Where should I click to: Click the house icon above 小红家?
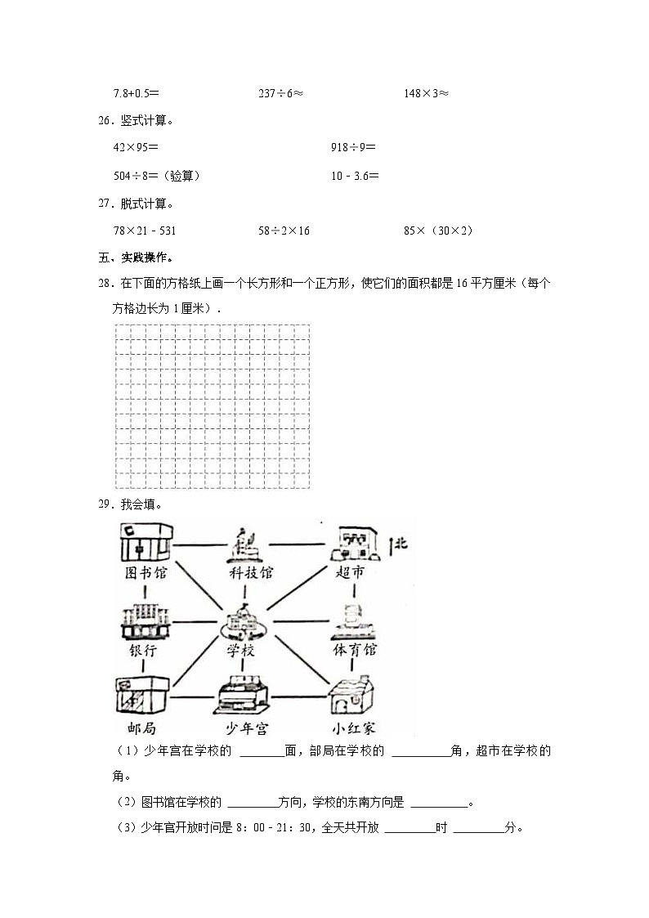coord(353,697)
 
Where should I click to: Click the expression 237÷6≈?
coord(280,93)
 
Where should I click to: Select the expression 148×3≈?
coord(426,93)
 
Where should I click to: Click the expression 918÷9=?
coord(353,148)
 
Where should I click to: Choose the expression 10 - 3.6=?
coord(355,175)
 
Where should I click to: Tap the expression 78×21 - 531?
coord(150,231)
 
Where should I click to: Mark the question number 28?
coord(104,284)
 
